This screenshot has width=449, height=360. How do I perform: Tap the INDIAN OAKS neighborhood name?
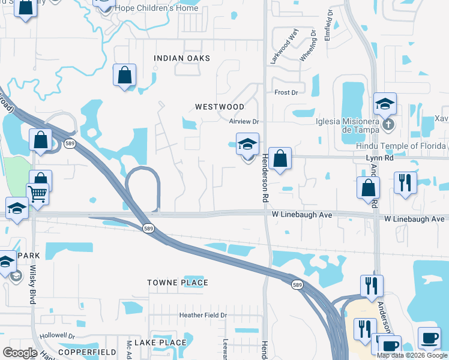(x=182, y=58)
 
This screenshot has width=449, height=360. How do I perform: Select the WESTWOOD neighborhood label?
(x=220, y=107)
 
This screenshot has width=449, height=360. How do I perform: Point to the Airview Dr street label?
(x=243, y=121)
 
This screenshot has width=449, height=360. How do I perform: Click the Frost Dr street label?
(x=286, y=92)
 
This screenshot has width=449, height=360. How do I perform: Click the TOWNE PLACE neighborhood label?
(x=178, y=283)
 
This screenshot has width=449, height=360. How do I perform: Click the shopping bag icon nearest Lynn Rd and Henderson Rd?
(x=280, y=159)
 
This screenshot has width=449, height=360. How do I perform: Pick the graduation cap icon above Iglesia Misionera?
(x=385, y=104)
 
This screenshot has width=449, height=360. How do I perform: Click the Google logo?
(x=20, y=353)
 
